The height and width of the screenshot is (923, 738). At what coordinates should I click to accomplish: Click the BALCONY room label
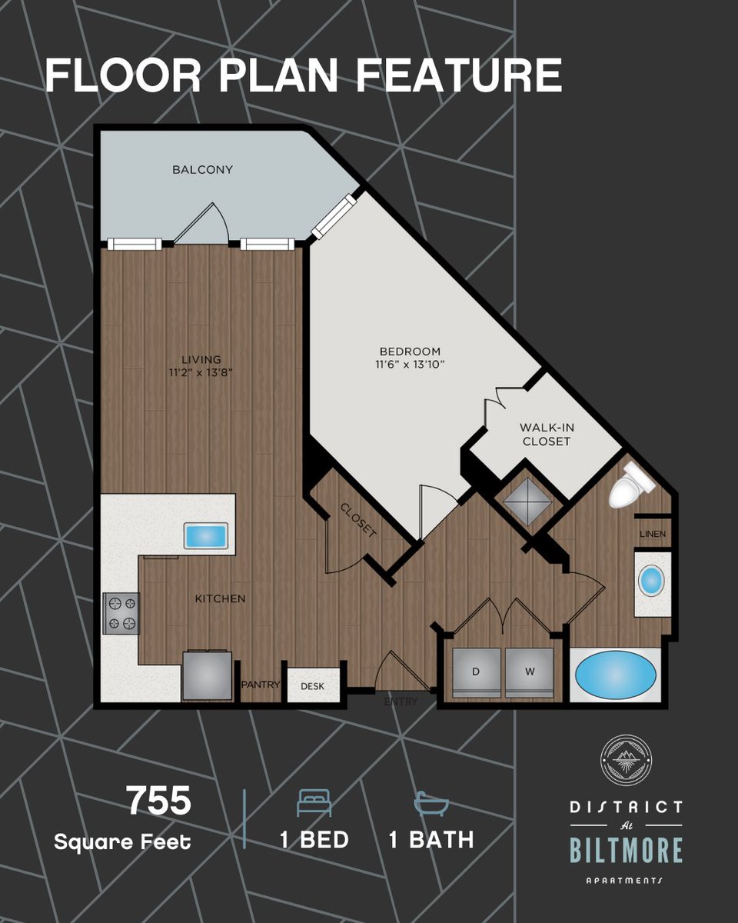(202, 170)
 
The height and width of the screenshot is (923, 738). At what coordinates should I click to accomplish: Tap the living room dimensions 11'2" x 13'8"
(201, 372)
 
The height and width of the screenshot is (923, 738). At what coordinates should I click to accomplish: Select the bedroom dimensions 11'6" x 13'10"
(410, 365)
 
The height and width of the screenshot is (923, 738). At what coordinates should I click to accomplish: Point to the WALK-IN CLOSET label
(547, 434)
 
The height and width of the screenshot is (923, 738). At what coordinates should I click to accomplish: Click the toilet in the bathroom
(631, 485)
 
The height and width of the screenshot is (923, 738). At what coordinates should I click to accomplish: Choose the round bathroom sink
(651, 581)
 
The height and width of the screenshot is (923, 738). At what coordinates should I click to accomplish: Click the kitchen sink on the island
(205, 535)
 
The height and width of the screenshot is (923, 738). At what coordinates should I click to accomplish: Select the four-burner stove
(121, 614)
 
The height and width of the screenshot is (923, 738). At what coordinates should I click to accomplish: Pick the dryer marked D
(477, 673)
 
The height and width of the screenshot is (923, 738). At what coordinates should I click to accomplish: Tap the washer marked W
(529, 673)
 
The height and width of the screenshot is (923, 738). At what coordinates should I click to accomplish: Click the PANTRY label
(261, 685)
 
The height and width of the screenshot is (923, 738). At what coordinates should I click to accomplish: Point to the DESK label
(313, 686)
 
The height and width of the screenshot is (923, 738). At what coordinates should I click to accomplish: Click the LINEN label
(653, 535)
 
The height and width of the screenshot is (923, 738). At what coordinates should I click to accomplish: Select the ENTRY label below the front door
(401, 702)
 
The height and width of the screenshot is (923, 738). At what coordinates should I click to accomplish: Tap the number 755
(160, 801)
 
